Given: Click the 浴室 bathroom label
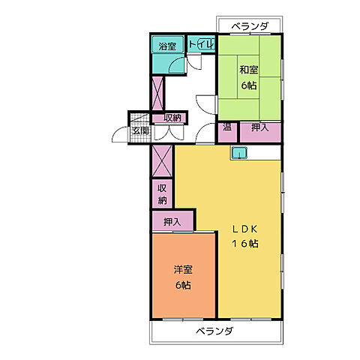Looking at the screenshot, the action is (x=167, y=46).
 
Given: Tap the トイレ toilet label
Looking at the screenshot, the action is (x=202, y=44).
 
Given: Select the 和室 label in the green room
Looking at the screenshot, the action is (x=249, y=70).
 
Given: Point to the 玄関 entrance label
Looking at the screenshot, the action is (x=140, y=130).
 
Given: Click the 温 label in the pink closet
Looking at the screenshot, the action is (x=227, y=127).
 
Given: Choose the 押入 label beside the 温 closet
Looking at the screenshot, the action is (x=260, y=127).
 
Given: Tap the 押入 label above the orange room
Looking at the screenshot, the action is (x=172, y=222).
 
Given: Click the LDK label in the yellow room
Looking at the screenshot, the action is (x=244, y=229).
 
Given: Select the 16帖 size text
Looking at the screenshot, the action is (x=245, y=243).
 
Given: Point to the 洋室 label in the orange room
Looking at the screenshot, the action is (x=183, y=269).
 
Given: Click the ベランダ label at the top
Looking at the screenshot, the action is (x=250, y=26).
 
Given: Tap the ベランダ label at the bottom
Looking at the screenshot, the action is (x=214, y=331).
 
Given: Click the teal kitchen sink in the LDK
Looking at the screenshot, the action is (x=239, y=152).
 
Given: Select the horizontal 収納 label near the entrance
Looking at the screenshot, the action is (x=172, y=118).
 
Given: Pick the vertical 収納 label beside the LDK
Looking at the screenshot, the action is (x=162, y=194).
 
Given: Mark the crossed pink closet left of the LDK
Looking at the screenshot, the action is (x=162, y=161).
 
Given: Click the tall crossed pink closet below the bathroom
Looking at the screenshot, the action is (x=157, y=94).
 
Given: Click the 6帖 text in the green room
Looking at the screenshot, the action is (x=249, y=85).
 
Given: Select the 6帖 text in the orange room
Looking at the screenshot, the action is (x=183, y=285).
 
